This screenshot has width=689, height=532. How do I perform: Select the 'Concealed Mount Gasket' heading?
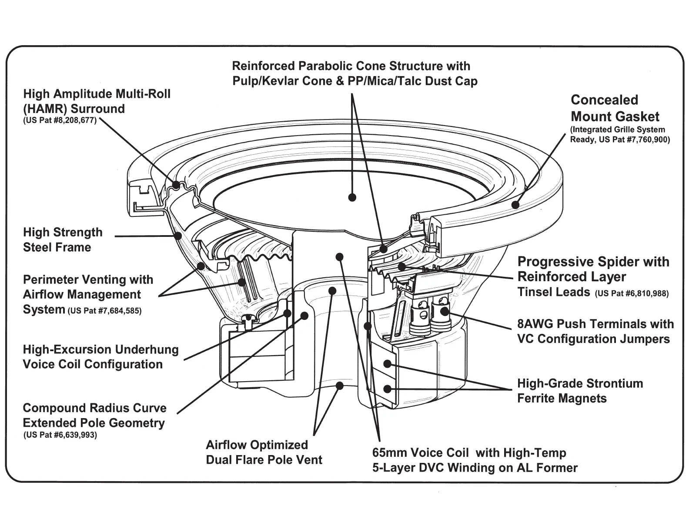[615, 108]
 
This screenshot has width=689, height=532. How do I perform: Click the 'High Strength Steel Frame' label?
[63, 239]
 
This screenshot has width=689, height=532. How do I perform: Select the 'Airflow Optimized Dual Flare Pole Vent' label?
[264, 452]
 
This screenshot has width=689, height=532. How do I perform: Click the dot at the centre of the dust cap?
[352, 197]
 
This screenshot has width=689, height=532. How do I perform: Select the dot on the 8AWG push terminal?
[444, 311]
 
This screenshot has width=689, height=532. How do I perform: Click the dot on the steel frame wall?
[177, 236]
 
